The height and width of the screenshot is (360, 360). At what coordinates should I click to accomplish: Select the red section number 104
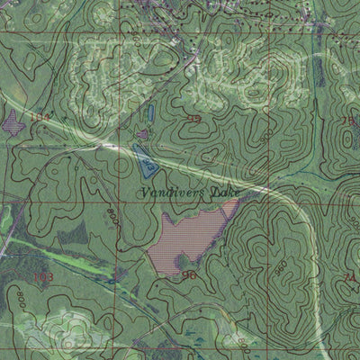[39, 118]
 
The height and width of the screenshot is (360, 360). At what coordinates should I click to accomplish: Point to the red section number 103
[42, 276]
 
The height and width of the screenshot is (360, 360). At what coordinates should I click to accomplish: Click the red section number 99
[193, 119]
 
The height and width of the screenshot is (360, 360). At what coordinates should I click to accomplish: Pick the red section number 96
[189, 274]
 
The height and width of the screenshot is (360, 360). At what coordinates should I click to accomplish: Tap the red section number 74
[351, 278]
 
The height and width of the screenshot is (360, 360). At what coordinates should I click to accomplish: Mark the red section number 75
[347, 121]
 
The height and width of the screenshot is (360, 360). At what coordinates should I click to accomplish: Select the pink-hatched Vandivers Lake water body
[189, 238]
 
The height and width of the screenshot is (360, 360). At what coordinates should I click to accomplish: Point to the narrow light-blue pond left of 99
[152, 112]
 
